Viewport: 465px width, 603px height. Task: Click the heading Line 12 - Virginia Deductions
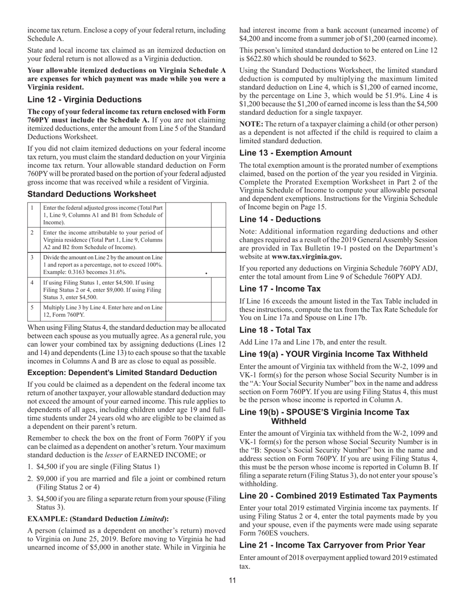[x=84, y=100]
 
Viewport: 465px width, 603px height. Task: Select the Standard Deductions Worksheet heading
[x=92, y=194]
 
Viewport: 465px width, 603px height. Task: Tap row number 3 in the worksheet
[x=32, y=257]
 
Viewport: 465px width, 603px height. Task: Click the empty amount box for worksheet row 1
[x=188, y=214]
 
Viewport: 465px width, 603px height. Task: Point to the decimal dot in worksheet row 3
[x=206, y=273]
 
